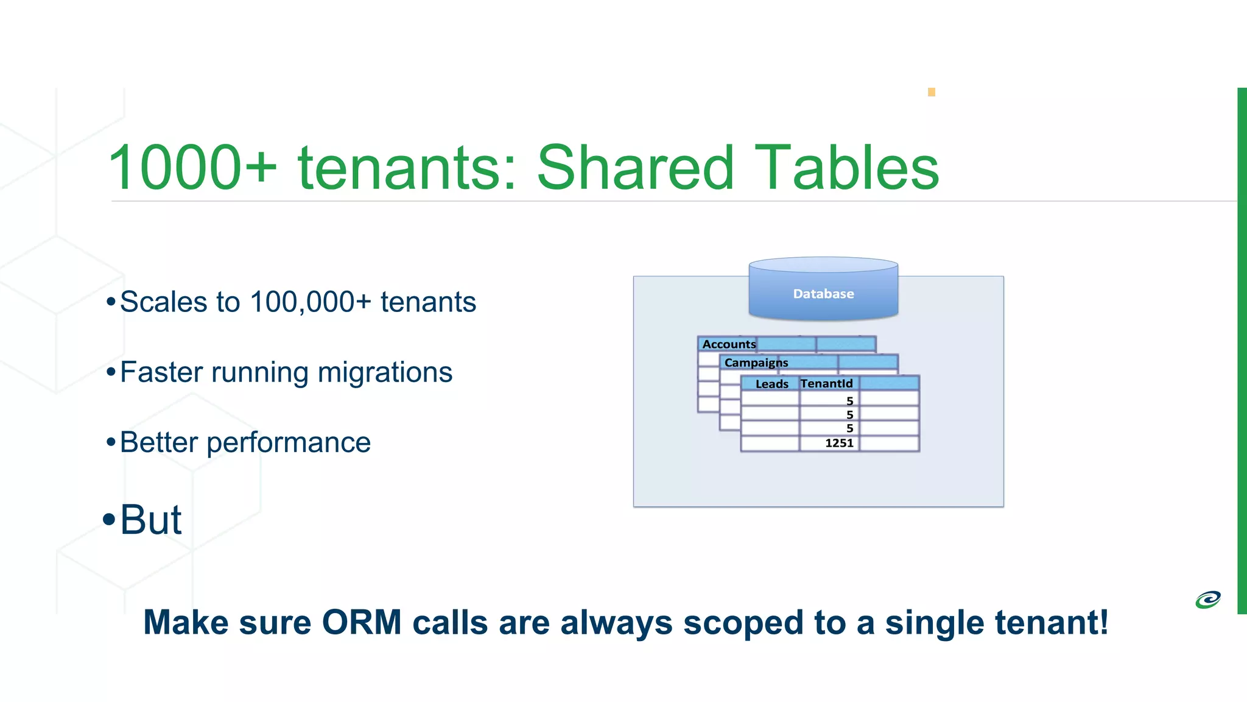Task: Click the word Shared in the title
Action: pos(636,168)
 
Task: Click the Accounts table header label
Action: pos(729,344)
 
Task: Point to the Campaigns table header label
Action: pos(756,363)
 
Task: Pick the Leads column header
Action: pos(771,384)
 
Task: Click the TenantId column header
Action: pos(826,383)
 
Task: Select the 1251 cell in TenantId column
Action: pos(838,443)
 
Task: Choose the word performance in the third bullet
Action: pos(288,443)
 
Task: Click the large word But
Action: pos(150,520)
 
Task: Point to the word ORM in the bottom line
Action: pos(362,623)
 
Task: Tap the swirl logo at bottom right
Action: pos(1208,600)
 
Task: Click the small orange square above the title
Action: pos(931,92)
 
